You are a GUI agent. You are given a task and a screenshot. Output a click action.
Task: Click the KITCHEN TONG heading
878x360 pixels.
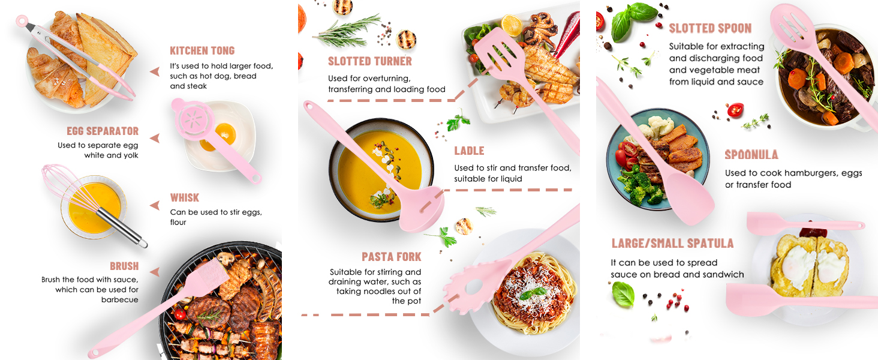[202, 50]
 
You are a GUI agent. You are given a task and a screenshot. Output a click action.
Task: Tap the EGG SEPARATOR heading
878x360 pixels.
[103, 131]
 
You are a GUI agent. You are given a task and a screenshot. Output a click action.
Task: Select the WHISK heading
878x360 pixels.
[185, 197]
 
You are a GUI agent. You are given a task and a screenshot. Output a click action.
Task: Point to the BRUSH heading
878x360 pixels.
[124, 266]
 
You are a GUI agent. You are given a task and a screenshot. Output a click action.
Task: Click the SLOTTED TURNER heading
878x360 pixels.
[370, 61]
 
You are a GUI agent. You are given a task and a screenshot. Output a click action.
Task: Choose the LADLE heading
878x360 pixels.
[469, 151]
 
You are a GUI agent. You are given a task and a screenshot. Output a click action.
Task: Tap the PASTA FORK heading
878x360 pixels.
[391, 257]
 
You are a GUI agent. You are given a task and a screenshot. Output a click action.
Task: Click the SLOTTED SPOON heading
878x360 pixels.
[710, 28]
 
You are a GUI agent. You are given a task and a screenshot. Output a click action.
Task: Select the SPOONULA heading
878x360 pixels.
[751, 155]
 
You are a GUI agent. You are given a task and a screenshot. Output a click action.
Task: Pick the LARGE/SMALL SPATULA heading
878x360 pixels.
[673, 244]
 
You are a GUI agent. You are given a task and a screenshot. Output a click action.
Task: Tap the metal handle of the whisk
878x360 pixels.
[122, 227]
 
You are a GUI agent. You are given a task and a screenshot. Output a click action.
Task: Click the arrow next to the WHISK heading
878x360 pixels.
[155, 205]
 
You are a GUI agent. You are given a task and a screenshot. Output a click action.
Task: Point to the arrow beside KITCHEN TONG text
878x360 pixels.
[155, 71]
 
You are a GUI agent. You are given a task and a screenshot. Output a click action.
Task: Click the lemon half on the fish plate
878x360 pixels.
[512, 25]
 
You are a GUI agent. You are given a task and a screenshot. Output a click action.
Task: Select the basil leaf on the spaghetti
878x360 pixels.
[534, 293]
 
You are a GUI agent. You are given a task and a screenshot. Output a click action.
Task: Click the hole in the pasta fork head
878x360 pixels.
[474, 286]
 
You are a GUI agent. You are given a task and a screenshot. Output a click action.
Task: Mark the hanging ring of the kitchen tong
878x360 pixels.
[22, 20]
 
